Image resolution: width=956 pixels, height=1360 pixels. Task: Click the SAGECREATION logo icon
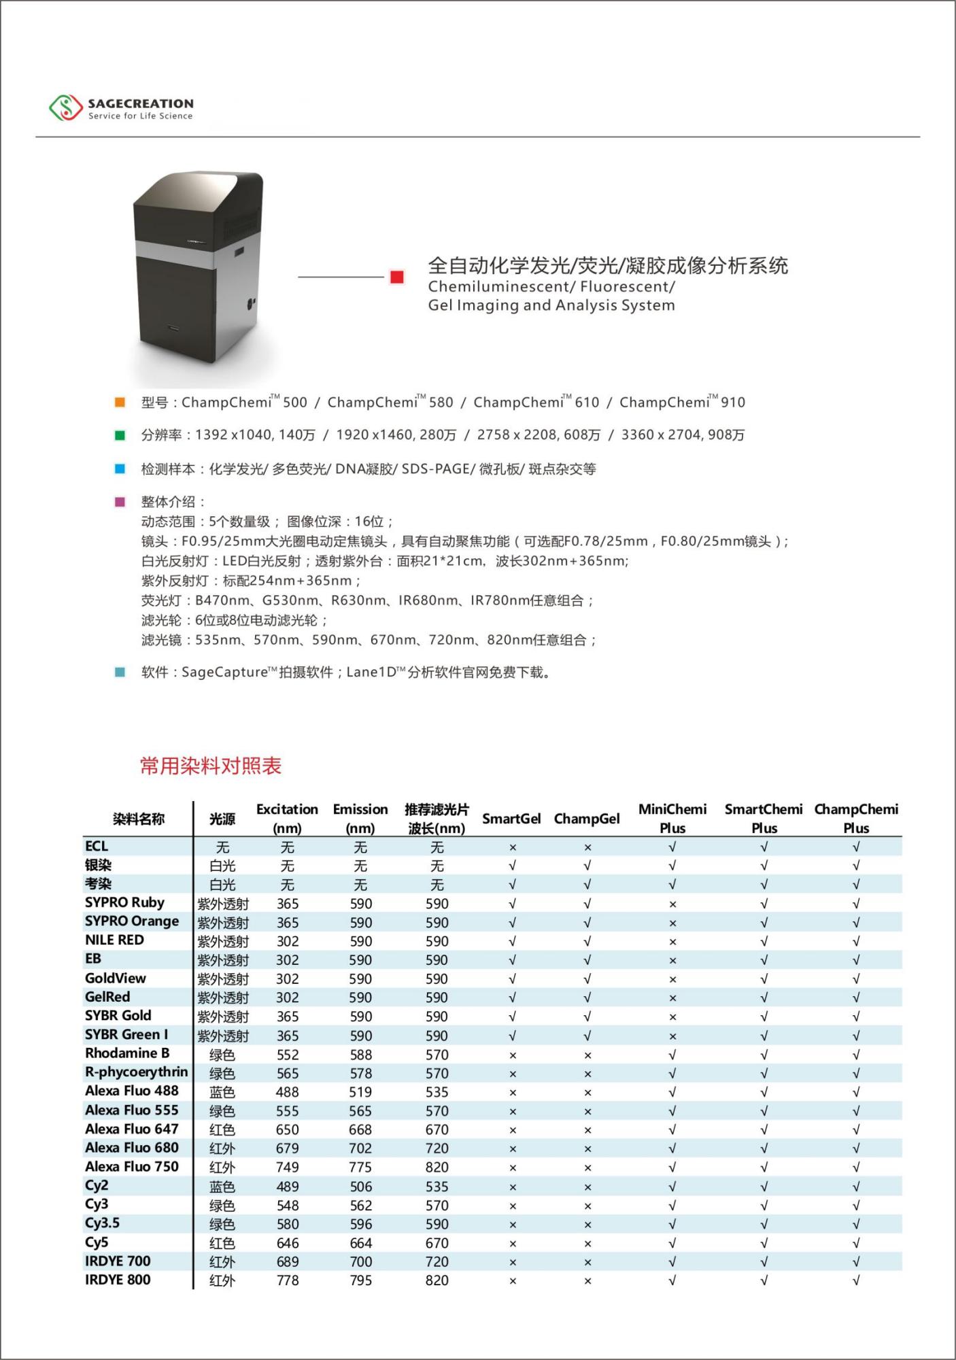click(x=65, y=108)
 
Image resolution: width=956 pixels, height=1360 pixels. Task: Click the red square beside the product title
click(x=397, y=277)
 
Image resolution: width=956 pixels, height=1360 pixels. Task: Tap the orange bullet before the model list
click(x=120, y=403)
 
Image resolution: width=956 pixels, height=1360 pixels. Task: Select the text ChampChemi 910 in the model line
click(x=682, y=403)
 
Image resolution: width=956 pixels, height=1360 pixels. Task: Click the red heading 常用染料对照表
click(x=211, y=766)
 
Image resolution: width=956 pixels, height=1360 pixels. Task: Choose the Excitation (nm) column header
click(x=287, y=818)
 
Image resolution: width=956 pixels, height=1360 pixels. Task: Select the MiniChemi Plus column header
click(x=672, y=818)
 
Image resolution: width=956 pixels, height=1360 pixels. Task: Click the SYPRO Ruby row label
click(x=124, y=902)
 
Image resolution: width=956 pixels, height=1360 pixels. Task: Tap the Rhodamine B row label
click(x=127, y=1053)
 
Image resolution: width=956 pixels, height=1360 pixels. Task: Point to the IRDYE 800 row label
click(x=118, y=1280)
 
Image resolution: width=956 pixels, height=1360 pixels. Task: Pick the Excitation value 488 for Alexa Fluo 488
click(x=287, y=1092)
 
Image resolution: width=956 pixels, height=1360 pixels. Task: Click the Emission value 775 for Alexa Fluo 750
click(x=360, y=1168)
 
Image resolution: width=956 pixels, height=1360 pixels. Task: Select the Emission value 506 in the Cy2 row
click(x=360, y=1187)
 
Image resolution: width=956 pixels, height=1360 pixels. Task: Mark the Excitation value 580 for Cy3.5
click(x=287, y=1224)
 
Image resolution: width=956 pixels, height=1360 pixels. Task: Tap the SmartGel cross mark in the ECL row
click(x=513, y=847)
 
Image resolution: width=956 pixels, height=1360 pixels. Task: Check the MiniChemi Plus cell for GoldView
click(x=672, y=979)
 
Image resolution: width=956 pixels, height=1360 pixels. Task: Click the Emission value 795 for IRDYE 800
click(x=360, y=1280)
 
